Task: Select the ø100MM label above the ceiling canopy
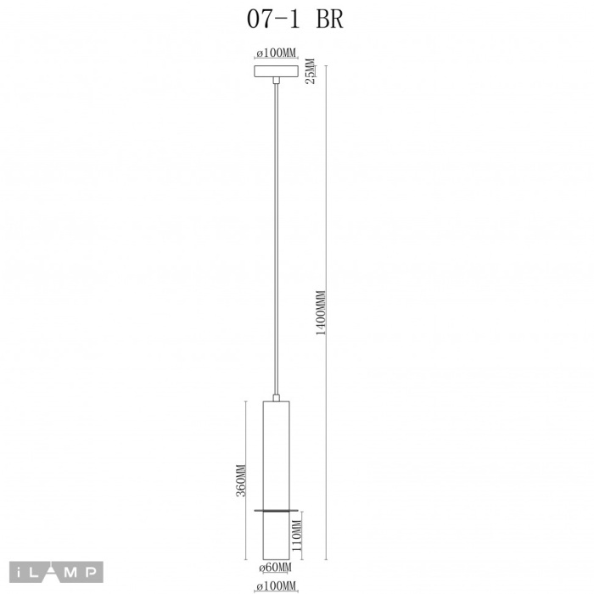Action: (276, 53)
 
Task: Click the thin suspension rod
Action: (276, 238)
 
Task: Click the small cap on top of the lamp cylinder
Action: (276, 397)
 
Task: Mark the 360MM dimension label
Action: (241, 480)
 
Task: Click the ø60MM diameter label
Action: (276, 567)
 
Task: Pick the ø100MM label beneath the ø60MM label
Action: (276, 586)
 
